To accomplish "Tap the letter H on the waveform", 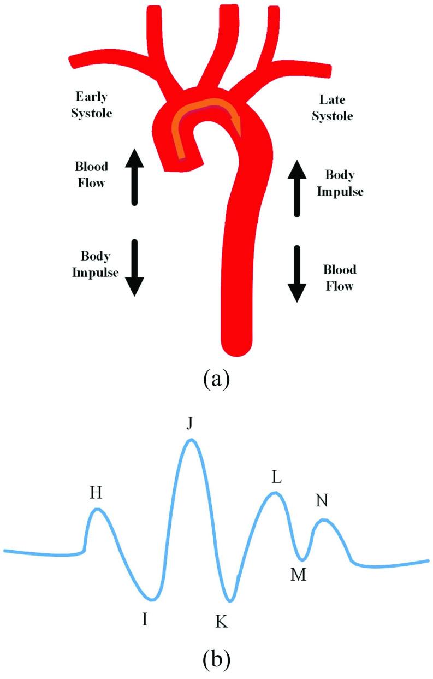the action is tap(96, 493).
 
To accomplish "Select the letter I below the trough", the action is tap(145, 619).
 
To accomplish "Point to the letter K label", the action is tap(221, 621).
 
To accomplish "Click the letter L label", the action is tap(276, 477).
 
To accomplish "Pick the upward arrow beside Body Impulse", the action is tap(297, 188).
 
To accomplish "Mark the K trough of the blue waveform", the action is tap(231, 600).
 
